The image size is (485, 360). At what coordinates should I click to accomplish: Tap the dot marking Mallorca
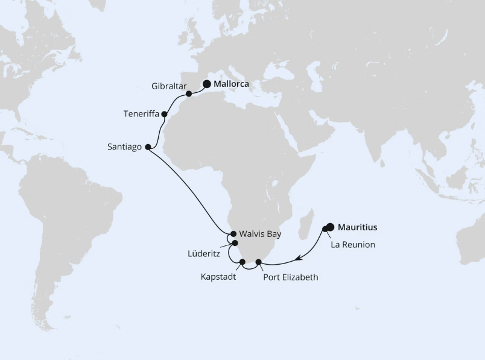tap(207, 85)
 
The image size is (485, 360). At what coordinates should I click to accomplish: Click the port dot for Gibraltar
tap(189, 94)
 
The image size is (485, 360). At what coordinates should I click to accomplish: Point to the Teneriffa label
tap(141, 113)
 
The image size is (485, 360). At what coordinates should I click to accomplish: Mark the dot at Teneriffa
tap(164, 113)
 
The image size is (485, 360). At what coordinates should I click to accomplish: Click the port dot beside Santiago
tap(148, 146)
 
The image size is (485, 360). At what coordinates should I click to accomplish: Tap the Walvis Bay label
tap(259, 233)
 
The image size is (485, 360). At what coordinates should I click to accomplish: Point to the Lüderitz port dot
tap(235, 243)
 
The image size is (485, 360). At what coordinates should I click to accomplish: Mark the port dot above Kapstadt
tap(242, 262)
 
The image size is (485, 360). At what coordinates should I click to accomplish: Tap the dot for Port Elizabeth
tap(259, 262)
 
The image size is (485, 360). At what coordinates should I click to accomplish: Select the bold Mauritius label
tap(358, 227)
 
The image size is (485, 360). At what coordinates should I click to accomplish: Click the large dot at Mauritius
tap(330, 227)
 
